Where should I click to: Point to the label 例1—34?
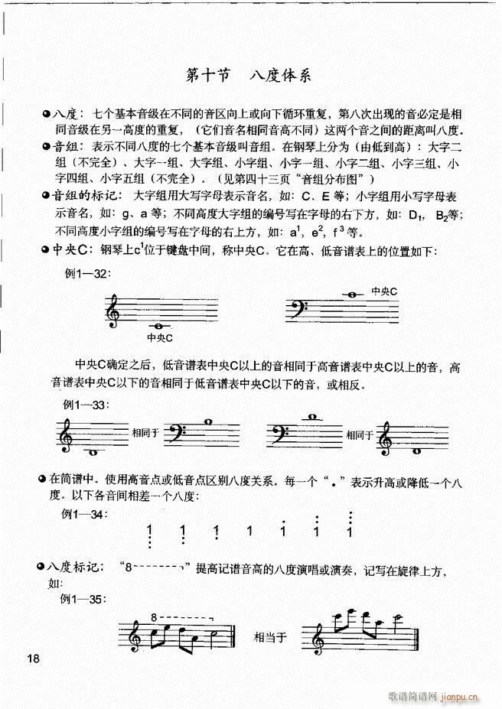click(x=83, y=514)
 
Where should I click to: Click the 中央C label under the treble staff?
click(x=159, y=337)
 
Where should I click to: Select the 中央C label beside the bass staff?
click(x=384, y=291)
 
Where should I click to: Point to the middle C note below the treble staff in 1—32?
click(x=158, y=328)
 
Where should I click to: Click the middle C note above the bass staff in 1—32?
click(x=353, y=295)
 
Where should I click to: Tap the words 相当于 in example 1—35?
click(x=269, y=636)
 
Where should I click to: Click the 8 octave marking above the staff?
click(x=155, y=616)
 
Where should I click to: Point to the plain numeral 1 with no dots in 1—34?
click(x=249, y=531)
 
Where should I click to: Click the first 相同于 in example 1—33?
click(x=145, y=433)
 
